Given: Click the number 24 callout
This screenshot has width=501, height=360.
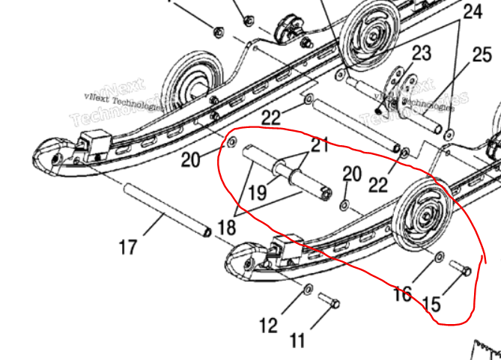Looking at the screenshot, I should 473,12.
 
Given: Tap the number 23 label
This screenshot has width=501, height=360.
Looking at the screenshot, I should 422,53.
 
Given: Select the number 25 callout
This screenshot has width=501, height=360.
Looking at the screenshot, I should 482,55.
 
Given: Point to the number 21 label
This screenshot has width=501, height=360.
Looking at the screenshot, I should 320,145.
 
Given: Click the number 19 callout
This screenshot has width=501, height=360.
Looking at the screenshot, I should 257,193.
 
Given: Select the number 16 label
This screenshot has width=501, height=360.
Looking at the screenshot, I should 402,293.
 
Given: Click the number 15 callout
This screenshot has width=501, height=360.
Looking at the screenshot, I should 432,305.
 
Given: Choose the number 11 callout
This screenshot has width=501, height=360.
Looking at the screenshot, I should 297,341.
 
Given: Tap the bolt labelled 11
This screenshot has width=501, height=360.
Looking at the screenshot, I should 330,301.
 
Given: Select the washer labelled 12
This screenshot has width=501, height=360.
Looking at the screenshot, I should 309,289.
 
